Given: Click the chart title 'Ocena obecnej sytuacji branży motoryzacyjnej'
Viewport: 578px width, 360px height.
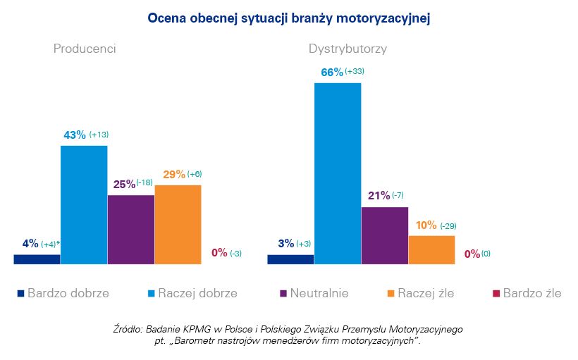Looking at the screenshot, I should click(x=288, y=18).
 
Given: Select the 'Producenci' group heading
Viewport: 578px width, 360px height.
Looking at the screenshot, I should click(x=85, y=49).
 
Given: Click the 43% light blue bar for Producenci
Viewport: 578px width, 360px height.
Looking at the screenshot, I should click(x=84, y=204).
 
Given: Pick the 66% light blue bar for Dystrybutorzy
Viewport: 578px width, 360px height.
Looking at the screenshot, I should click(x=338, y=173).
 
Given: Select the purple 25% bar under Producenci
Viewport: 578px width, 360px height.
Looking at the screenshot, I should click(x=130, y=229).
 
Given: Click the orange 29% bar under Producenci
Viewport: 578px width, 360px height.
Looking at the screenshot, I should click(x=178, y=224).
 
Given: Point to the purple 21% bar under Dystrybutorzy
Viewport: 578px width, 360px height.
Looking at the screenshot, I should click(x=384, y=235).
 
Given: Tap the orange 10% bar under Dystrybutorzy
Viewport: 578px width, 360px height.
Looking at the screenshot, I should click(x=431, y=249).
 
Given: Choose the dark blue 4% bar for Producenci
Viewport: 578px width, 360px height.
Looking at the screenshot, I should click(x=37, y=259).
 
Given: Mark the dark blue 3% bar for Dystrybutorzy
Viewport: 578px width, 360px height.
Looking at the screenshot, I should click(x=290, y=259).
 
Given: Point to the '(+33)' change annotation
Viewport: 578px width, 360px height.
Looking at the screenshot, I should click(x=355, y=72).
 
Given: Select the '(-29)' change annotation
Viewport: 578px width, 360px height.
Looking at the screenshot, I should click(x=448, y=225).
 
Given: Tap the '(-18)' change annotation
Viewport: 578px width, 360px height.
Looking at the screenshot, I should click(x=144, y=183).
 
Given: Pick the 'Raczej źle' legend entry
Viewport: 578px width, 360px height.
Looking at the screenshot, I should click(x=425, y=293).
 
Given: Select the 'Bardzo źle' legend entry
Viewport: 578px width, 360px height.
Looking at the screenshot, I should click(x=532, y=293).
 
